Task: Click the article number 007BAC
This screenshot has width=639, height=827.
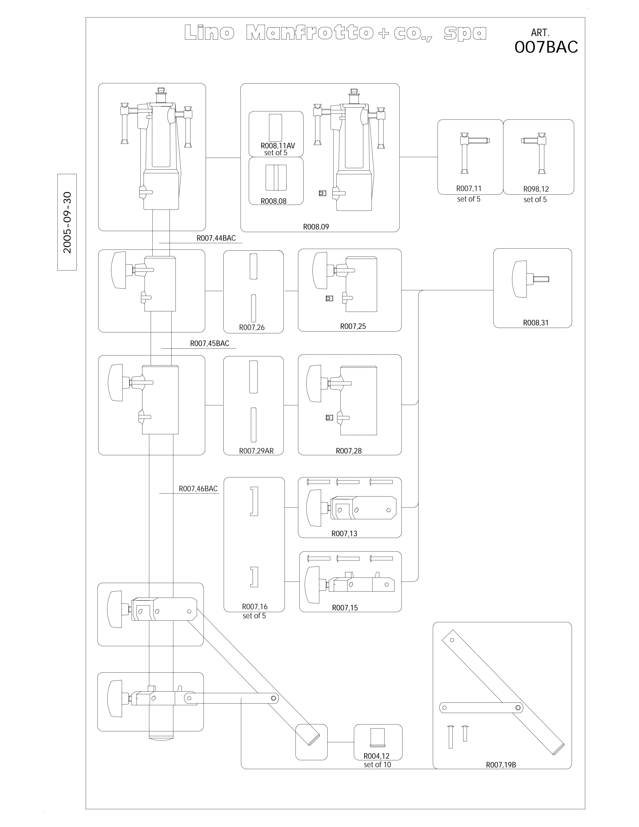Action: click(x=546, y=47)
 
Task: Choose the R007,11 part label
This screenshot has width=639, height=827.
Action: click(x=469, y=188)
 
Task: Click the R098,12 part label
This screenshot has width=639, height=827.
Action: click(x=536, y=189)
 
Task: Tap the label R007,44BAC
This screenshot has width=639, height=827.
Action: click(x=216, y=238)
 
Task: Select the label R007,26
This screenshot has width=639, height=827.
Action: click(x=252, y=327)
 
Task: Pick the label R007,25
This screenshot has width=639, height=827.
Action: click(x=353, y=326)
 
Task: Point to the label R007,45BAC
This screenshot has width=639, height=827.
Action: click(x=209, y=343)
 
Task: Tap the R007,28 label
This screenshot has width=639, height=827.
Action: click(x=349, y=451)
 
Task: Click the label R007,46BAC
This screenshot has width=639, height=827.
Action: click(x=198, y=489)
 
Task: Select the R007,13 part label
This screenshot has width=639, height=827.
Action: click(x=344, y=533)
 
